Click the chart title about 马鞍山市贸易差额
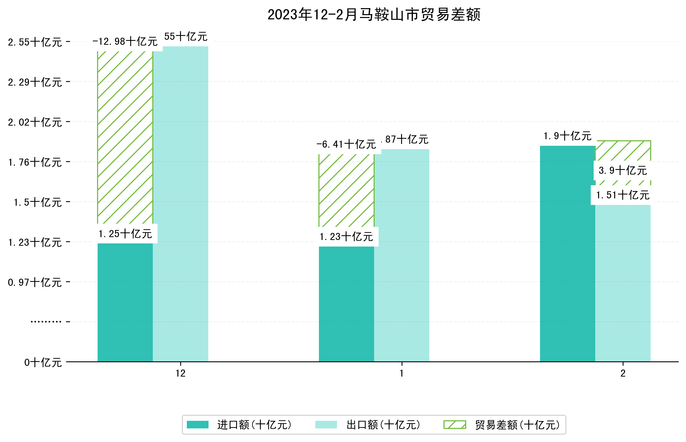click(374, 15)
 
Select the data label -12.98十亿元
click(125, 42)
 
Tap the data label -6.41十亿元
click(346, 144)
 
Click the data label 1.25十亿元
click(125, 234)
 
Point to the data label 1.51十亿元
click(623, 195)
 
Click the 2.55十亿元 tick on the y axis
click(35, 42)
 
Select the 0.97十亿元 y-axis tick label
click(35, 282)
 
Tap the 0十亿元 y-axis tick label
click(43, 362)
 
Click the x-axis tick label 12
click(181, 373)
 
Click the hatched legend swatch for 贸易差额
click(454, 425)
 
